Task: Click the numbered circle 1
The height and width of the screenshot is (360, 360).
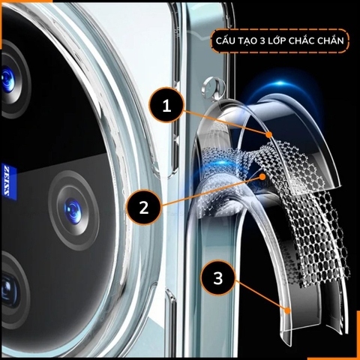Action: pyautogui.click(x=167, y=106)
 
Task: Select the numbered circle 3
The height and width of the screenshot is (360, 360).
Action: pyautogui.click(x=217, y=279)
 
